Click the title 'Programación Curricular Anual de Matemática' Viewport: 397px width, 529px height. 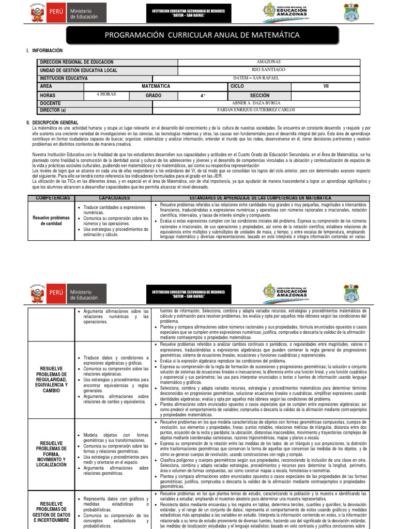209,35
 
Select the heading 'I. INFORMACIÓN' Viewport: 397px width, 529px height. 47,51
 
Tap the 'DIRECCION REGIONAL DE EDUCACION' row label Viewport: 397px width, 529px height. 77,62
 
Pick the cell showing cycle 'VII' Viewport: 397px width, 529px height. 326,86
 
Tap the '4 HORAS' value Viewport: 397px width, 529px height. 106,95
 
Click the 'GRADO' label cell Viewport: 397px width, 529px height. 153,95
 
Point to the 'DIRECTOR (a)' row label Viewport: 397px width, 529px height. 53,110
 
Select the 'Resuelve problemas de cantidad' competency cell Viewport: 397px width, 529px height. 51,221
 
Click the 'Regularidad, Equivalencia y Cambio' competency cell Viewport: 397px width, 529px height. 51,380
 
